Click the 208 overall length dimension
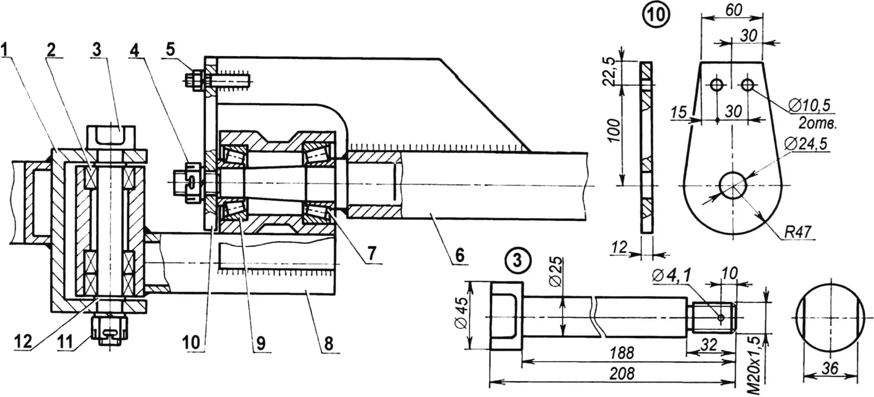pyautogui.click(x=622, y=374)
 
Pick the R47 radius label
pyautogui.click(x=798, y=231)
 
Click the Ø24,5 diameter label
pyautogui.click(x=810, y=143)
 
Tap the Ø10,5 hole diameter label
pyautogui.click(x=810, y=105)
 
